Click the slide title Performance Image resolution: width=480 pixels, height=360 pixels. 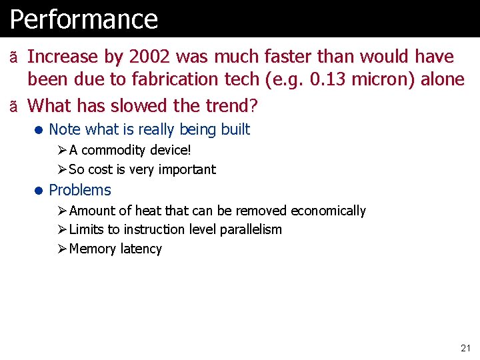[84, 19]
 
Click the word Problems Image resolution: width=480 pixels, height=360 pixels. [80, 190]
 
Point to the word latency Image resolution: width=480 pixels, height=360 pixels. [140, 249]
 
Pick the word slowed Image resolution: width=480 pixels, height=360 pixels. [127, 106]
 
